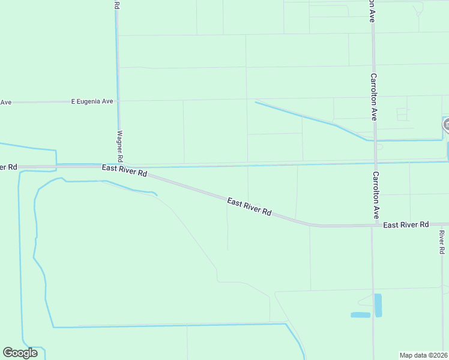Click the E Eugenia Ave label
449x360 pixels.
92,102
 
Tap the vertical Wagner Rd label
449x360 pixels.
120,146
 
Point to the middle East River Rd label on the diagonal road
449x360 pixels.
249,207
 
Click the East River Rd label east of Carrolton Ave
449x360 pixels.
406,225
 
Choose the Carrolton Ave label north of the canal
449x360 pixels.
373,97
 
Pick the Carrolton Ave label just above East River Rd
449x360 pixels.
376,195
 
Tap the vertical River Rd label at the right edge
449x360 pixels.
442,242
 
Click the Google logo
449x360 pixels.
20,353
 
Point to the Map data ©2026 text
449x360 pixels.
423,355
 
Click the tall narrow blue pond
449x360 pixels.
378,305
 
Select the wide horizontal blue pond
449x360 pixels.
360,315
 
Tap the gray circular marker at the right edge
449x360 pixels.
447,125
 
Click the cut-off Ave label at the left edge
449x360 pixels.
6,102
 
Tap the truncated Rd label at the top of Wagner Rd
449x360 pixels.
116,5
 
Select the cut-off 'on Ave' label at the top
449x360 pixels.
373,11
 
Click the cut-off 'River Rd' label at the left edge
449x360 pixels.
8,167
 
